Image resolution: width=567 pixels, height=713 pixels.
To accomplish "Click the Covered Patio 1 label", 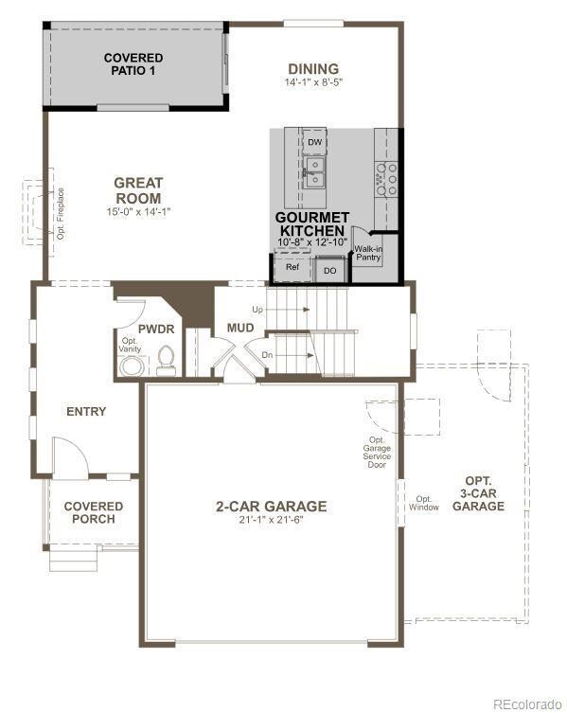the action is click(133, 64).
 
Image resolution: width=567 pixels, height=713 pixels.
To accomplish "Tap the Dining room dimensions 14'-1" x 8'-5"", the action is click(313, 82).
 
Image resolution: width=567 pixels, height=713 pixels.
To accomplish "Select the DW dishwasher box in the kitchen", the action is click(314, 142).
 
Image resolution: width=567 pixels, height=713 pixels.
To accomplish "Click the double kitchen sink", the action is click(314, 172).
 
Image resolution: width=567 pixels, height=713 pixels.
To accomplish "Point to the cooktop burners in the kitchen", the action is click(386, 179).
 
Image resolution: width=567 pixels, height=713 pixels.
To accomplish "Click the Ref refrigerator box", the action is click(292, 266).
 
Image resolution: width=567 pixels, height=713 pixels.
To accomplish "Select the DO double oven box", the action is click(330, 271).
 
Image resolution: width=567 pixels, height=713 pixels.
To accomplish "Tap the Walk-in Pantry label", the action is click(368, 253).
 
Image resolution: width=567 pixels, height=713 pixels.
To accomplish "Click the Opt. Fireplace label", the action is click(61, 214).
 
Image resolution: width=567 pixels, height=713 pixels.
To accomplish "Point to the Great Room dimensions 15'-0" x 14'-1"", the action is click(138, 211).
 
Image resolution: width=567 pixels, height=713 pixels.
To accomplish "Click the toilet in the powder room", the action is click(166, 361).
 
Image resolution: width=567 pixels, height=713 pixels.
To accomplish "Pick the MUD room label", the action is click(240, 328).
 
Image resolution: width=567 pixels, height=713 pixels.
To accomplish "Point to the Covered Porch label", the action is click(93, 512).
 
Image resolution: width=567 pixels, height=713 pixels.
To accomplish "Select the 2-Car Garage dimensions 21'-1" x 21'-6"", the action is click(271, 520).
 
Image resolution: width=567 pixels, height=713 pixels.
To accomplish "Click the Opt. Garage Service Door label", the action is click(377, 453).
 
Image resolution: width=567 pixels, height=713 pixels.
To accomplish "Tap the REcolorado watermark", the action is click(527, 704).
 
